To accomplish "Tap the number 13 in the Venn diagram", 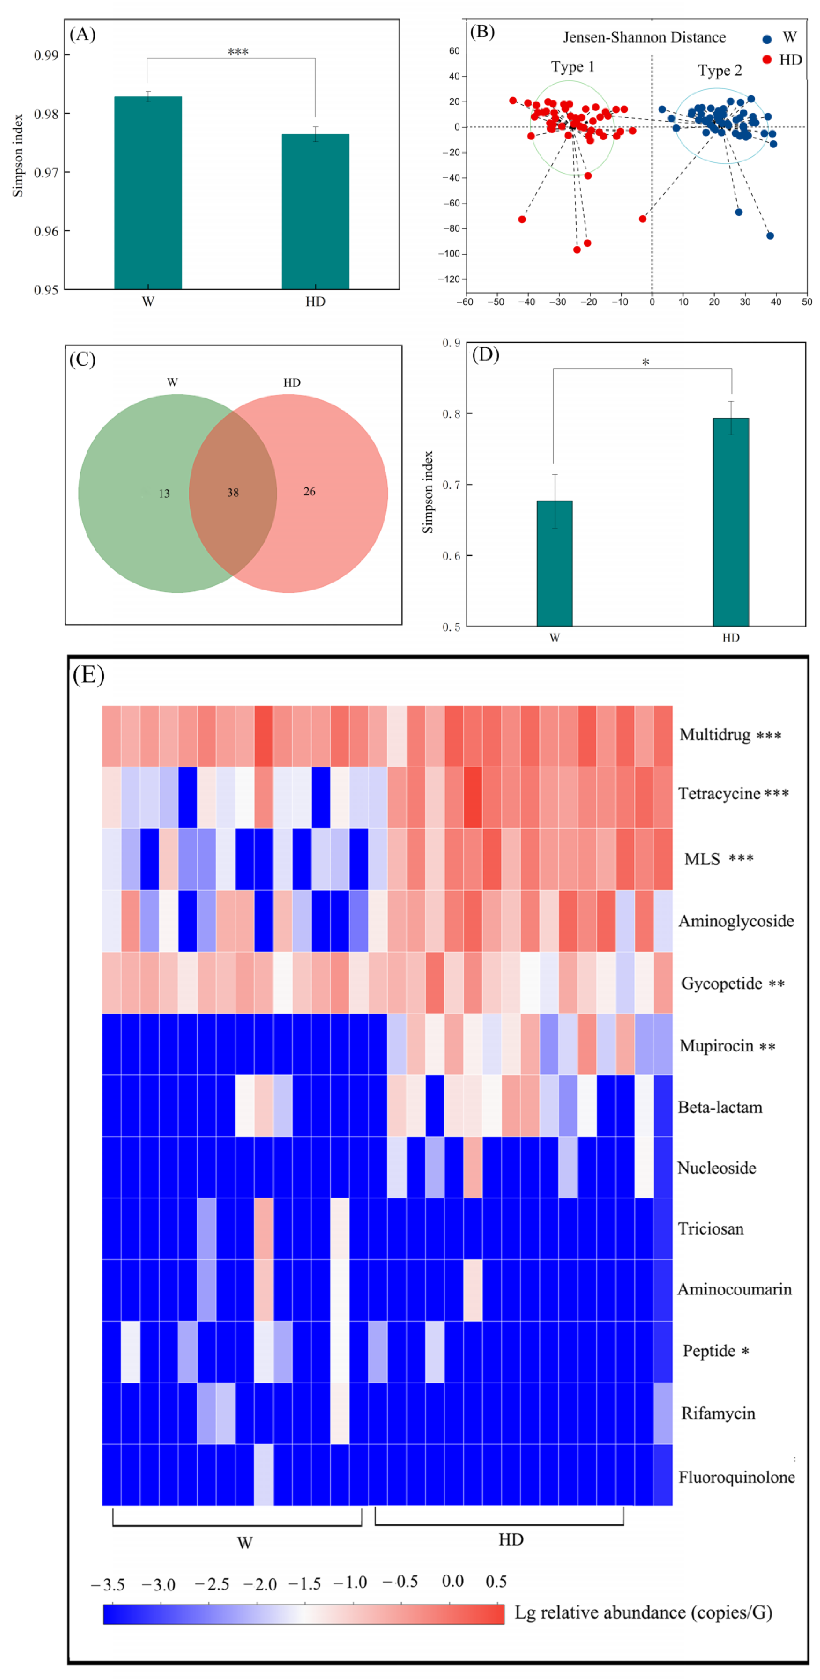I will pos(164,494).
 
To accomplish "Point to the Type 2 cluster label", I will pos(720,70).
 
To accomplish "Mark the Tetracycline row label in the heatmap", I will pos(719,794).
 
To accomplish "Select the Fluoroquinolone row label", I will pos(736,1477).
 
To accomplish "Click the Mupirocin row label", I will pos(716,1046).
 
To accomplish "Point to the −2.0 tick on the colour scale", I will pos(260,1584).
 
